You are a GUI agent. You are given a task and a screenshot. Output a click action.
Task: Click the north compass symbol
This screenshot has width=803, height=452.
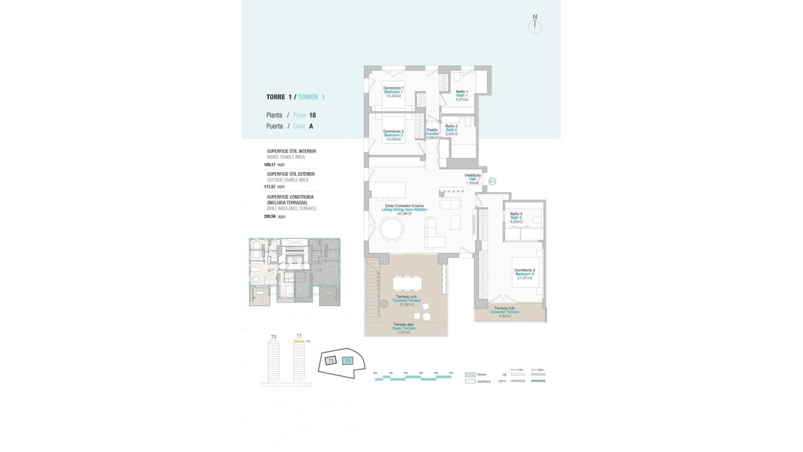[534, 25]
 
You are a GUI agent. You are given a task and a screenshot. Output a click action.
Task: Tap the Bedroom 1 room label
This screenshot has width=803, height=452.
[393, 92]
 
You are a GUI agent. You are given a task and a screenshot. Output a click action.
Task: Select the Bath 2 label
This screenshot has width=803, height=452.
[451, 130]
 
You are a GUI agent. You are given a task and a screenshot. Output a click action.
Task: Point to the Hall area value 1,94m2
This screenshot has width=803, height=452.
[472, 183]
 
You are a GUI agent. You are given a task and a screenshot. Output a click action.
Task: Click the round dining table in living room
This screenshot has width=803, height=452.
[391, 229]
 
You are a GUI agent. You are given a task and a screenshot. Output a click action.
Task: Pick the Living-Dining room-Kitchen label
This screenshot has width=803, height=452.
[404, 210]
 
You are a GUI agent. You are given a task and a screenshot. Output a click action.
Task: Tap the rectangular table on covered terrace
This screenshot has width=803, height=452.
[407, 283]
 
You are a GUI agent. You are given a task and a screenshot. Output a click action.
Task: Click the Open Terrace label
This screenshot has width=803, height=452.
[404, 329]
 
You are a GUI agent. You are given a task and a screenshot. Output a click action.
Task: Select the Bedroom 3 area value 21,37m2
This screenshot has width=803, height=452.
[524, 278]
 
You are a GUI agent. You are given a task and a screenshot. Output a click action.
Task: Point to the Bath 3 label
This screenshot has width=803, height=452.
[516, 218]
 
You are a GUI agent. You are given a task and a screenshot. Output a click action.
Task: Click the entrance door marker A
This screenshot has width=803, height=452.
[492, 181]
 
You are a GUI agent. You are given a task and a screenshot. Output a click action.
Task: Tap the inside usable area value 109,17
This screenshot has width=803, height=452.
[270, 165]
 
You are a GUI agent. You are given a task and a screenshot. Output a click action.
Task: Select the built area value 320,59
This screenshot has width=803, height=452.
[270, 217]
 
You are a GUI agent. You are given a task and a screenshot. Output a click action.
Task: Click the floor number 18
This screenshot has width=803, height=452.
[312, 115]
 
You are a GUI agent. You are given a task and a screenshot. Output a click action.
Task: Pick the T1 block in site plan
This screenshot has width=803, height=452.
[348, 361]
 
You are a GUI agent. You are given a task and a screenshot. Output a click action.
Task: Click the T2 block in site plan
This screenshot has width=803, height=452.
[331, 360]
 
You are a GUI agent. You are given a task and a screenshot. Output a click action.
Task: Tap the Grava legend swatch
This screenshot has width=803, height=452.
[470, 375]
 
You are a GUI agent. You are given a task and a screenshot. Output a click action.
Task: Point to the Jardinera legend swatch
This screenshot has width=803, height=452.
[470, 381]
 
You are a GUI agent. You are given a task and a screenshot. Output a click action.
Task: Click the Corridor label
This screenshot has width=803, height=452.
[432, 134]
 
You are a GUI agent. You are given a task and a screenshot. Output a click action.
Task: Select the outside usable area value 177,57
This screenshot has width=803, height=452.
[270, 187]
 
